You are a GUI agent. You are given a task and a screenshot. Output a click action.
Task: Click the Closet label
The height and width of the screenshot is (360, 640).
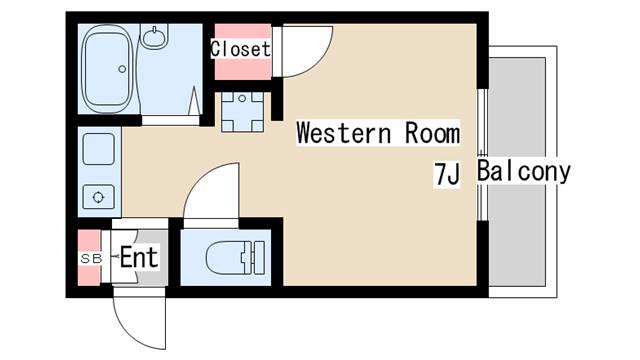(240, 49)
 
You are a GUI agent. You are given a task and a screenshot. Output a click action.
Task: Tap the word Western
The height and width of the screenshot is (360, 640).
(344, 133)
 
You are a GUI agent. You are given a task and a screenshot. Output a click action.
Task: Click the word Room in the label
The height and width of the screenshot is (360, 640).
(432, 133)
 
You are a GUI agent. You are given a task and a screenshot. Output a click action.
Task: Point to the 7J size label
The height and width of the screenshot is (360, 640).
(447, 174)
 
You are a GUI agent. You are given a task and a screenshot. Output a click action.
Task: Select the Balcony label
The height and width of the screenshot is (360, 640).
(524, 171)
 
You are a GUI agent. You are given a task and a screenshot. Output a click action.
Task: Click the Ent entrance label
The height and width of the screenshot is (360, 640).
(139, 258)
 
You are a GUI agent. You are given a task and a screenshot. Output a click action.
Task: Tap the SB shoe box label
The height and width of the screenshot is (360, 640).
(91, 258)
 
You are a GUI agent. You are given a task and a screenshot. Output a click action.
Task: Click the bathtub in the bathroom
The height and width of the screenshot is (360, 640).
(108, 69)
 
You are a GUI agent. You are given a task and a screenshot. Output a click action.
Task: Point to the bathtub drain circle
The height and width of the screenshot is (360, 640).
(122, 69)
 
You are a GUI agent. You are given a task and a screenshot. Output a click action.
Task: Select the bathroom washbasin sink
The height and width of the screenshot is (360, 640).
(155, 36)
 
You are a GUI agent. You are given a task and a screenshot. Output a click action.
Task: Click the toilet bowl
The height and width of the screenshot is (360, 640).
(227, 258)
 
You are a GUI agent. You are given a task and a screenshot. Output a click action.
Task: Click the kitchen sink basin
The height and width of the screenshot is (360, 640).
(98, 149)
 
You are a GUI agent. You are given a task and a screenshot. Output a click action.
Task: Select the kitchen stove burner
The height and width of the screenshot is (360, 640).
(98, 197)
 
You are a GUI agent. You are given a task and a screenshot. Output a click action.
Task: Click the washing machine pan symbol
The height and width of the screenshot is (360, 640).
(242, 111)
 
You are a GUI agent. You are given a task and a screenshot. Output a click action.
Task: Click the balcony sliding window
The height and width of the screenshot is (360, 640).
(482, 155)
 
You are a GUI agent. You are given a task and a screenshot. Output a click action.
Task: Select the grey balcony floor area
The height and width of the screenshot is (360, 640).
(517, 172)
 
